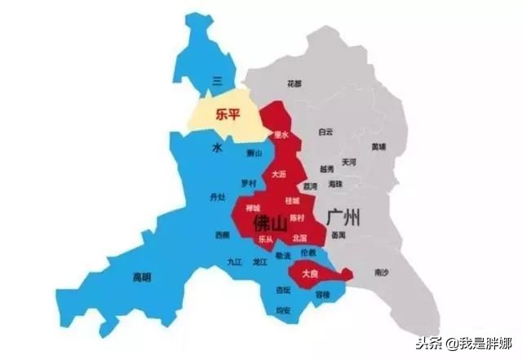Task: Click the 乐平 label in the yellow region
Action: [x=228, y=115]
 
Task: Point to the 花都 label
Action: [x=294, y=83]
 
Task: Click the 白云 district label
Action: [x=326, y=131]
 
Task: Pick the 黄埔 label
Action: [x=378, y=147]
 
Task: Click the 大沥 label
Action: [x=279, y=173]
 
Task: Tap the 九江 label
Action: [x=235, y=262]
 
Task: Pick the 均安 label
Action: [x=283, y=309]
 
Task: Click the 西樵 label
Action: [x=222, y=235]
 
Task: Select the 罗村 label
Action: [x=248, y=182]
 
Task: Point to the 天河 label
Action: [x=349, y=162]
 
